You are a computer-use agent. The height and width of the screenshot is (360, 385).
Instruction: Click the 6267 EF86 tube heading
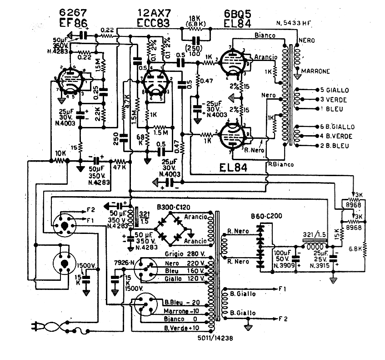73,17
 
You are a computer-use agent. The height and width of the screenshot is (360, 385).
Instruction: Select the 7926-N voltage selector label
125,263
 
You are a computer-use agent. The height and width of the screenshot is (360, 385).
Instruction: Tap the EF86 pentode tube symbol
69,82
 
